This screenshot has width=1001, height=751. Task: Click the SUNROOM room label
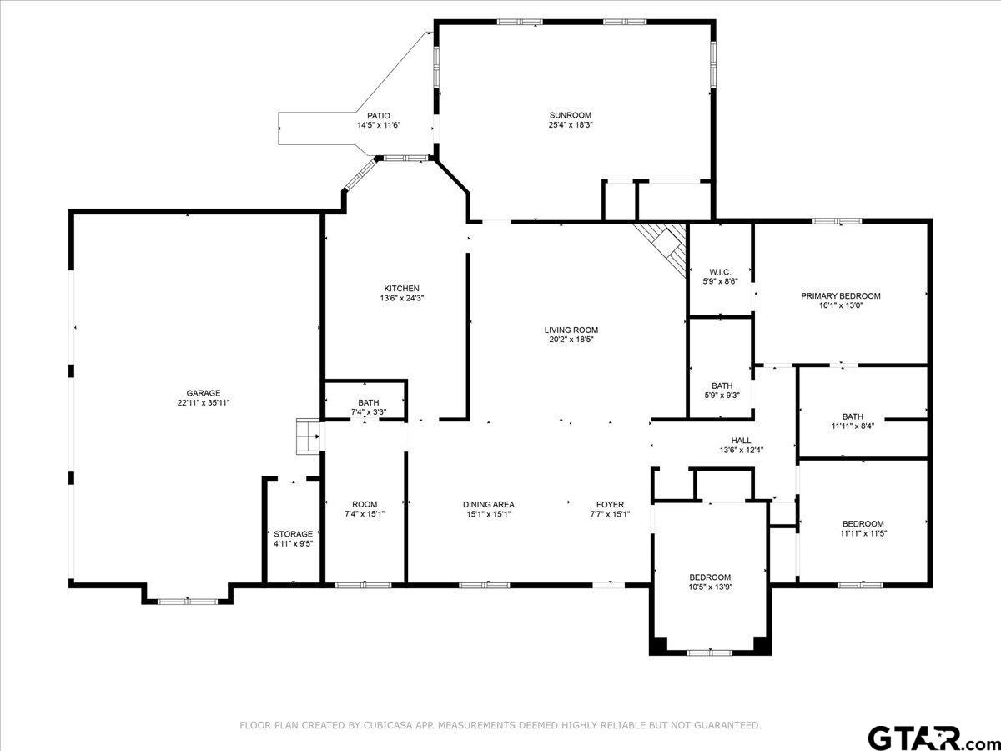[x=570, y=115]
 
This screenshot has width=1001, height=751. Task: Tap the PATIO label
[x=379, y=116]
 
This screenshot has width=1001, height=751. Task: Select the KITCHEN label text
[x=395, y=289]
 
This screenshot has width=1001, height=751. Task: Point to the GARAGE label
[x=203, y=393]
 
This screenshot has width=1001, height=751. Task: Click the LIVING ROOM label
[x=571, y=330]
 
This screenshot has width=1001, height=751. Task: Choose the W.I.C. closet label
[x=720, y=271]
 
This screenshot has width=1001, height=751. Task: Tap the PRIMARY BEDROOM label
[x=840, y=295]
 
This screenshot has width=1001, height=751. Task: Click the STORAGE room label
[x=293, y=534]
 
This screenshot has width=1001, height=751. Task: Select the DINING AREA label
[x=489, y=504]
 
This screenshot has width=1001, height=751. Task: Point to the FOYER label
[x=610, y=504]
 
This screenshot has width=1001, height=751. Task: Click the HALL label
[x=741, y=441]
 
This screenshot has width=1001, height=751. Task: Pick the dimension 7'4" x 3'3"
[x=368, y=412]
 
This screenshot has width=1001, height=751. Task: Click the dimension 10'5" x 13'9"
[x=710, y=587]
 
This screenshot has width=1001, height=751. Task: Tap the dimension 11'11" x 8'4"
[x=853, y=426]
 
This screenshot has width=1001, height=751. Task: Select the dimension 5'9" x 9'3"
[x=722, y=396]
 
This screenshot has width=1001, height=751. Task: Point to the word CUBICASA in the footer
[x=391, y=726]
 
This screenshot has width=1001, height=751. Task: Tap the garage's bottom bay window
[x=187, y=601]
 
